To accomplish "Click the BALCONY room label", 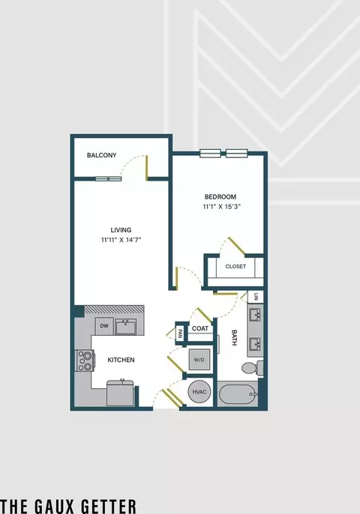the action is (101, 155).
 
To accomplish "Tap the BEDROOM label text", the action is (220, 196).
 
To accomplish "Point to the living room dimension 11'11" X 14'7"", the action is (121, 240).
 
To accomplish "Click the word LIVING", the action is (121, 230).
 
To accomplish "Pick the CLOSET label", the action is (235, 267).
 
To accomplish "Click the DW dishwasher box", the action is (104, 326).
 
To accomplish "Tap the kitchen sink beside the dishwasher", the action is (126, 327).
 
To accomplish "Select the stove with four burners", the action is (85, 360).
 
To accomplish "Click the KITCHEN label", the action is (121, 360).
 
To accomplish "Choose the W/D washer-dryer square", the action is (199, 360).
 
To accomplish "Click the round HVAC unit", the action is (199, 392).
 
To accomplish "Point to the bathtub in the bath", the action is (238, 394).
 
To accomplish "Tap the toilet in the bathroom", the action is (252, 367).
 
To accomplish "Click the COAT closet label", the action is (200, 328).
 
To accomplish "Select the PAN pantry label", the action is (180, 334).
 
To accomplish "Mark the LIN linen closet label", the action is (256, 297).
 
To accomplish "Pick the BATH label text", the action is (234, 338).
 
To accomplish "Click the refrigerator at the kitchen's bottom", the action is (120, 393).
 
